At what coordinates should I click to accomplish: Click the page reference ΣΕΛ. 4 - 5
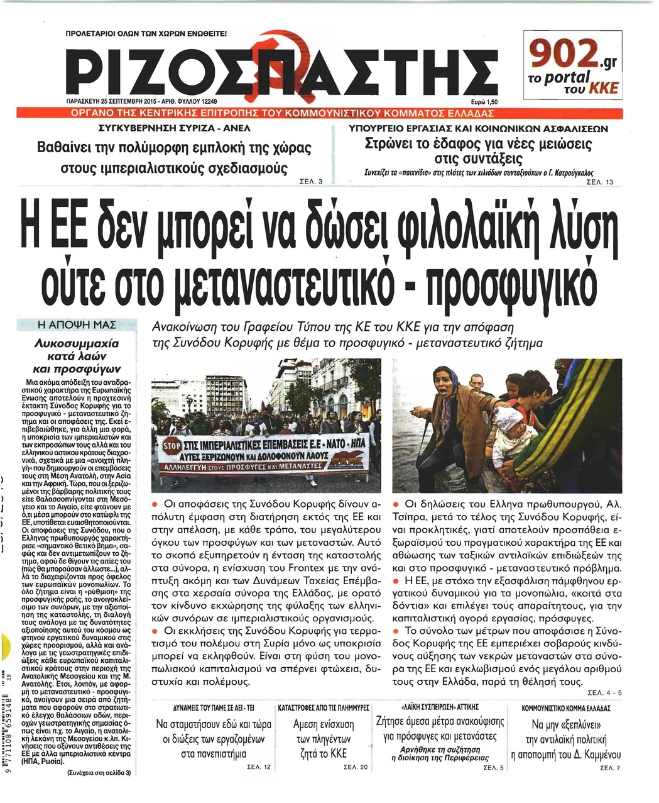tap(604, 693)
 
